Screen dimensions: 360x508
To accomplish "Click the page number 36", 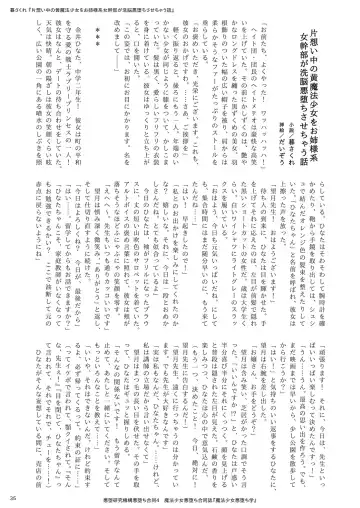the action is tap(11, 497).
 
